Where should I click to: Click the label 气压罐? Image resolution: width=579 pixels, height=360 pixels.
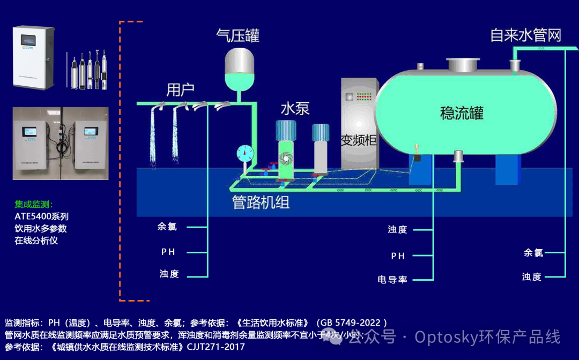[x=237, y=35]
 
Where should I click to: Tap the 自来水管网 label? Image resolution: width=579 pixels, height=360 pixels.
[x=525, y=35]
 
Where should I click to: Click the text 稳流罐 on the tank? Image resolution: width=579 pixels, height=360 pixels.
[x=462, y=113]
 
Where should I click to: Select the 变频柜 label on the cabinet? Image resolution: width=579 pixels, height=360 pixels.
[x=359, y=140]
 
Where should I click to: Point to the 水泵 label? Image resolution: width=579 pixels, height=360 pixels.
[x=295, y=109]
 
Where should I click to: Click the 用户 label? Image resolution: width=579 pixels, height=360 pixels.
[x=180, y=89]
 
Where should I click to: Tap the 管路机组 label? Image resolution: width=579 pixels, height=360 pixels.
[x=261, y=203]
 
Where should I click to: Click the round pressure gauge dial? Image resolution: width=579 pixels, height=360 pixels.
[x=245, y=154]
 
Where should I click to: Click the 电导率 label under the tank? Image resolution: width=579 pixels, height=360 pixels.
[x=392, y=280]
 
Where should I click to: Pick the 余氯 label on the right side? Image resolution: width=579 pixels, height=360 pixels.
[x=533, y=252]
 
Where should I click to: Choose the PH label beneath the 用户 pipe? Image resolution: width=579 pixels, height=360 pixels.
[x=168, y=252]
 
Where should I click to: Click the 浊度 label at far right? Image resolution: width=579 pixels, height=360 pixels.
[x=532, y=277]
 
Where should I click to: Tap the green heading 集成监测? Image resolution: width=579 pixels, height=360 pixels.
[x=33, y=204]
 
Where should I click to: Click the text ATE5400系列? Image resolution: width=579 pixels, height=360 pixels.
[x=42, y=216]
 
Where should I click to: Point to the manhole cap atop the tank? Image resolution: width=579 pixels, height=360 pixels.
[x=463, y=65]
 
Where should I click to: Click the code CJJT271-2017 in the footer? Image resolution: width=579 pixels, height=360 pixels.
[x=216, y=347]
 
